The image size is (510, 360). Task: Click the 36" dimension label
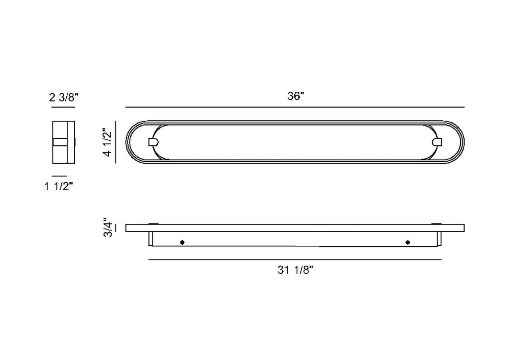[x=296, y=96]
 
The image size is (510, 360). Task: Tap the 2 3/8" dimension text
[x=64, y=97]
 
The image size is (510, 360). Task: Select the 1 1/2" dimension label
[x=59, y=186]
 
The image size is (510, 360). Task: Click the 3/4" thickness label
[x=108, y=227]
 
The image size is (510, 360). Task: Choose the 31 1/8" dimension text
[x=295, y=270]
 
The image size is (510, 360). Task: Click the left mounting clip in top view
[x=153, y=142]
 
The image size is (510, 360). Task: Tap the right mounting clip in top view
[x=437, y=142]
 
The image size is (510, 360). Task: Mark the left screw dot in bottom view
[x=182, y=242]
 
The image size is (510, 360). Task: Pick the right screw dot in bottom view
[x=408, y=242]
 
